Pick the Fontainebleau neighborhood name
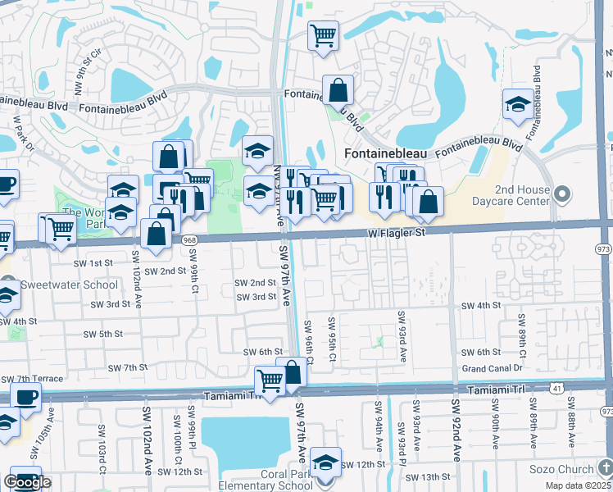[x=387, y=153]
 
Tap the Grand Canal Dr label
[x=492, y=368]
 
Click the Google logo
[x=27, y=482]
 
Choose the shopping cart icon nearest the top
[x=323, y=35]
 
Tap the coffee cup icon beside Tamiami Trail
[x=26, y=398]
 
